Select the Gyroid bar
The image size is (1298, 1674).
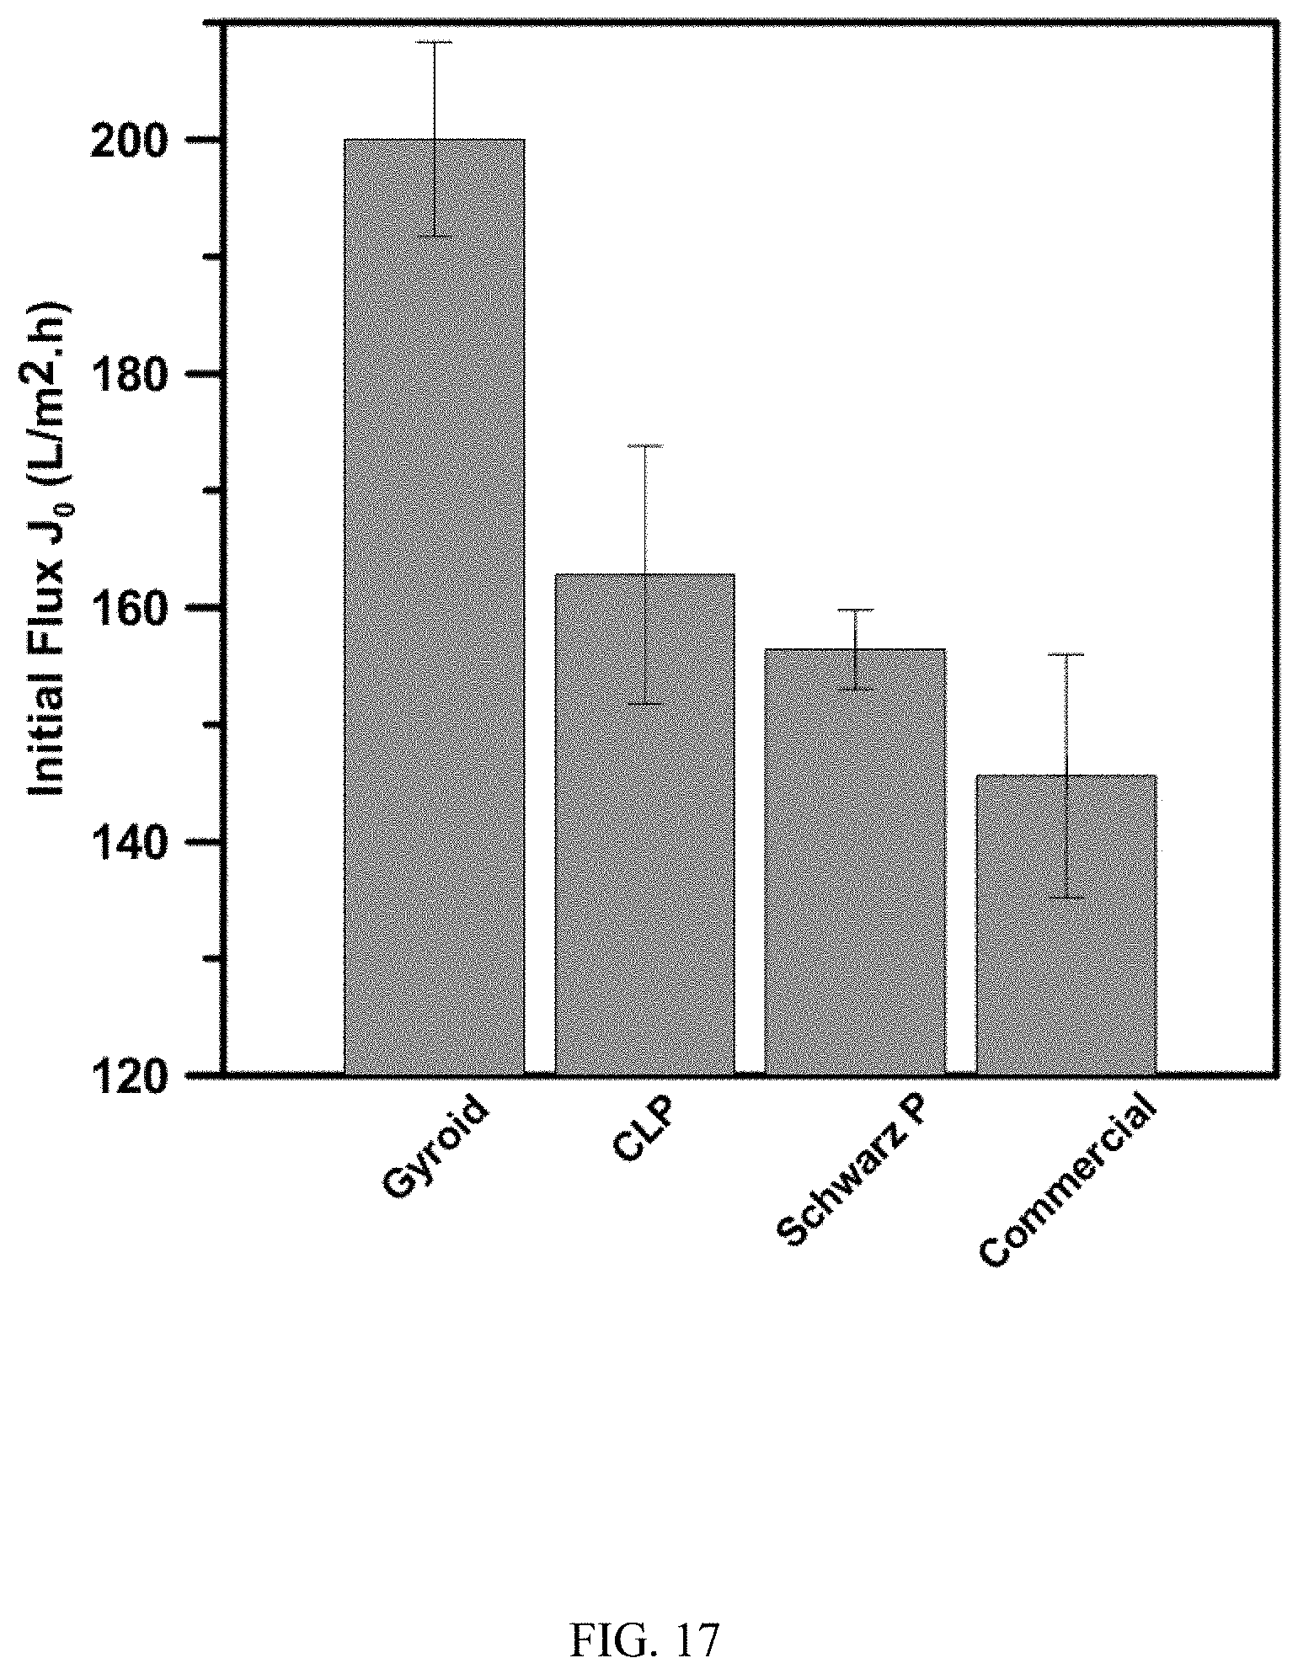coord(435,606)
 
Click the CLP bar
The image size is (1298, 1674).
coord(644,824)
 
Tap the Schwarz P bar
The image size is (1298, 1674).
coord(854,861)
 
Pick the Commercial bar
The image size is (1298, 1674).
coord(1066,925)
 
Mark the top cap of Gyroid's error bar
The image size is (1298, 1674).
coord(435,42)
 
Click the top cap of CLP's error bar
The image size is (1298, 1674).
coord(645,445)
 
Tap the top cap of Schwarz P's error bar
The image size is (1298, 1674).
coord(855,609)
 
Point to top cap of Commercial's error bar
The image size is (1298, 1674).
coord(1066,654)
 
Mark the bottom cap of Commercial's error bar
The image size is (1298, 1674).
coord(1066,898)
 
